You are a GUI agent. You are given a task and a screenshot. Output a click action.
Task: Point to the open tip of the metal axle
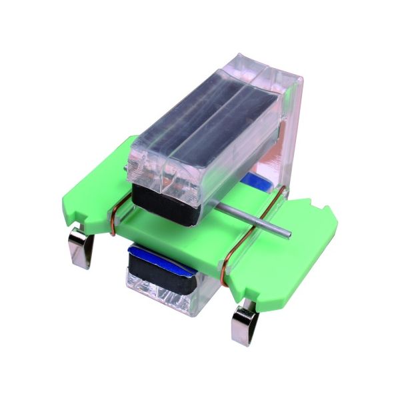coord(289,234)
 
